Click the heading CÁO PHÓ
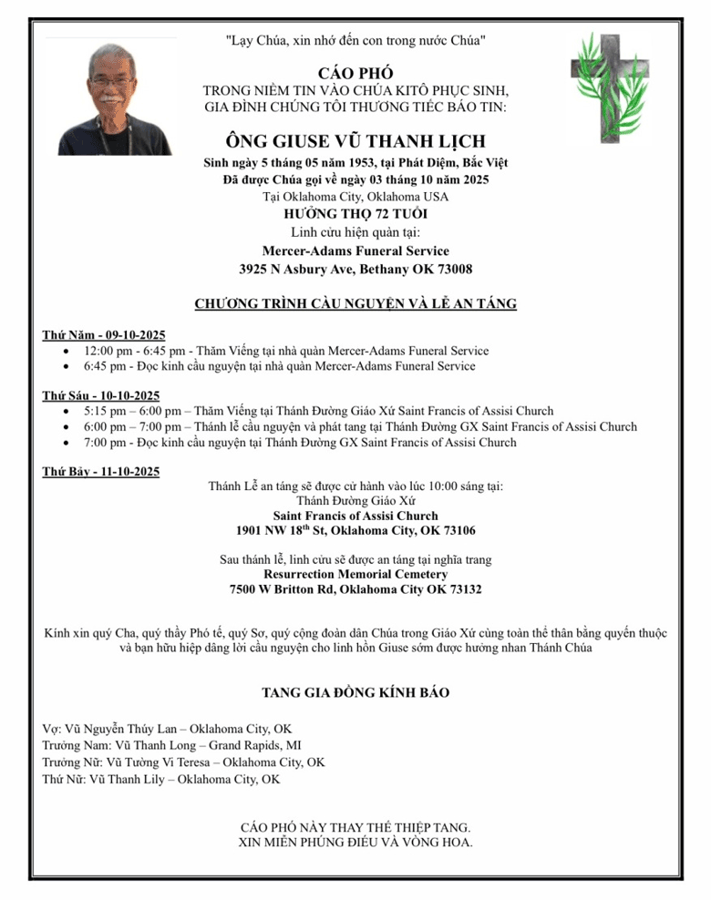tap(355, 72)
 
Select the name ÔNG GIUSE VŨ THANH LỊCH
tap(355, 141)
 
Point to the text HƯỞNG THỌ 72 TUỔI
tap(355, 214)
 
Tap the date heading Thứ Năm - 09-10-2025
tap(101, 333)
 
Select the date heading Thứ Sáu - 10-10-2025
tap(101, 394)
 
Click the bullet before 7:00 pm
tap(70, 443)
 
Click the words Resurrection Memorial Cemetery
tap(355, 575)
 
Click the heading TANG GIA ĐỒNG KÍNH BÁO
tap(355, 692)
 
